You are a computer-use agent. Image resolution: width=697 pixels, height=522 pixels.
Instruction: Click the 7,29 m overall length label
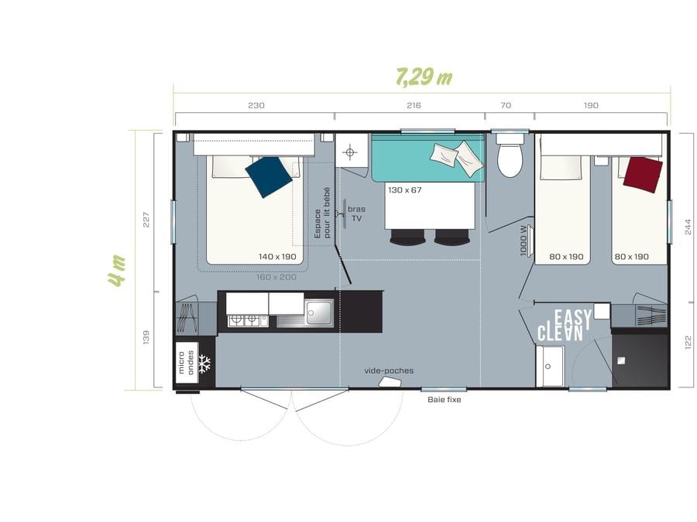(x=424, y=77)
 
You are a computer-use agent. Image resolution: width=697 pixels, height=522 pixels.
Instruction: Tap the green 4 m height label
(x=117, y=271)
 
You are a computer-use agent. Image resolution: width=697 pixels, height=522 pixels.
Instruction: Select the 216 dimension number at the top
(x=414, y=105)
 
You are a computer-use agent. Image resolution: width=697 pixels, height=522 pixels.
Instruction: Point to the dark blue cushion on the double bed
(x=269, y=176)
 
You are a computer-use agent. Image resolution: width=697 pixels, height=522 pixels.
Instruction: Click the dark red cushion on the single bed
(x=643, y=175)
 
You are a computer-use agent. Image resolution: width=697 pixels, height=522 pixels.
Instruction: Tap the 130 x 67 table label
(x=404, y=190)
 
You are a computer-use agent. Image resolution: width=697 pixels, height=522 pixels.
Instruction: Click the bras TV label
(x=356, y=213)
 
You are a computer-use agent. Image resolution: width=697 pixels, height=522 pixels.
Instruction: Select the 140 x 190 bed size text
(x=277, y=257)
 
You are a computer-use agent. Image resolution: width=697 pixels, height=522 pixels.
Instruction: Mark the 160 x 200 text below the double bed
(x=276, y=277)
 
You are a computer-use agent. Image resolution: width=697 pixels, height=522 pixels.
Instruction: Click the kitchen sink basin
(x=319, y=312)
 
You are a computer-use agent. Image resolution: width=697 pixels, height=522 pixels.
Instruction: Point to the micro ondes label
(x=186, y=363)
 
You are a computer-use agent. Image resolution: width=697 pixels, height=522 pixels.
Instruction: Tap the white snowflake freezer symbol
(x=204, y=363)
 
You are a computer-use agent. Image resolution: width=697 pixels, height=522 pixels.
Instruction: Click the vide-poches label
(x=389, y=370)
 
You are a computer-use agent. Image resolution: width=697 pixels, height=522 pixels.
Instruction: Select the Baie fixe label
(x=444, y=400)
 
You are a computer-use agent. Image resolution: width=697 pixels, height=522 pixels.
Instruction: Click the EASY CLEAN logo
(x=565, y=326)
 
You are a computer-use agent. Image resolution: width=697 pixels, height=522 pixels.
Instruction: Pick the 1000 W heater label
(x=524, y=241)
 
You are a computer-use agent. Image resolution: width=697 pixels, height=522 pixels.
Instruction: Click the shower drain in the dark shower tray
(x=621, y=361)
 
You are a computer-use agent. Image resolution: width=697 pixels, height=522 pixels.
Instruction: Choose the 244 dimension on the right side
(x=688, y=227)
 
